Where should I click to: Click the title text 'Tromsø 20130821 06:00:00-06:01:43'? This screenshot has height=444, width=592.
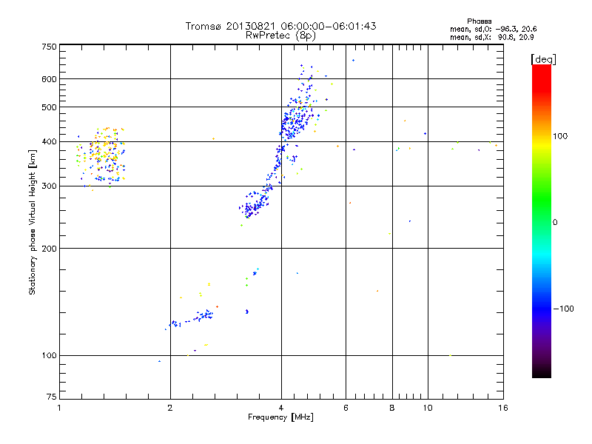pyautogui.click(x=280, y=26)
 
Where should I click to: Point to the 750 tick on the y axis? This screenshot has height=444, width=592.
pyautogui.click(x=49, y=47)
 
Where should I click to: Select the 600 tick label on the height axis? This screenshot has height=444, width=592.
pyautogui.click(x=49, y=79)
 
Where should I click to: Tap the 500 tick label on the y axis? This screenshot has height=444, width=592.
pyautogui.click(x=49, y=107)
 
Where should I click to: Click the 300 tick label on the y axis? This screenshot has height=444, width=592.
pyautogui.click(x=49, y=186)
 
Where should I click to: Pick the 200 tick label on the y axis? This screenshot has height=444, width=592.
pyautogui.click(x=49, y=249)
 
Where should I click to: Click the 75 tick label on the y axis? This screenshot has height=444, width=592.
pyautogui.click(x=50, y=400)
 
